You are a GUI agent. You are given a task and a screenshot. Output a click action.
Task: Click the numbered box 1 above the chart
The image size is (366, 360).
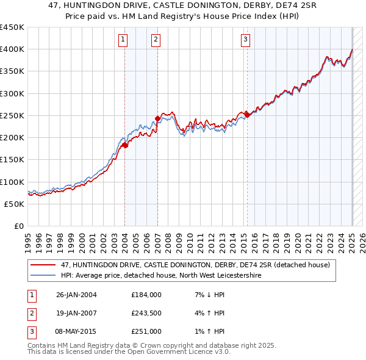[123, 40]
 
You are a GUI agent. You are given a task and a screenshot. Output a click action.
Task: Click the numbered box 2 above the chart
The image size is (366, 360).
[156, 40]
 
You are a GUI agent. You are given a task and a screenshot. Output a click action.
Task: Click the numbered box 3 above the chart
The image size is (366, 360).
[245, 40]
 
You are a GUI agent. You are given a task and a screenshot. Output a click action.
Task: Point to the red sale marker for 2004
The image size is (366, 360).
[124, 145]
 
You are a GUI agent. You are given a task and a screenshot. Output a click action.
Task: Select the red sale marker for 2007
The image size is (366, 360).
[157, 118]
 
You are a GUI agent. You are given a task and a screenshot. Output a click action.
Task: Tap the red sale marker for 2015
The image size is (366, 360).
[247, 115]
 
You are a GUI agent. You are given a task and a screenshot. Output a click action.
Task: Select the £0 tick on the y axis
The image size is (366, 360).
[18, 226]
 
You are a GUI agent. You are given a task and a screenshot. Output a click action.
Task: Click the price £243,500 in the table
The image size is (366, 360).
[146, 313]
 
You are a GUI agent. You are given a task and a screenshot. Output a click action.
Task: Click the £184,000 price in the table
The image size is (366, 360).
[146, 295]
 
